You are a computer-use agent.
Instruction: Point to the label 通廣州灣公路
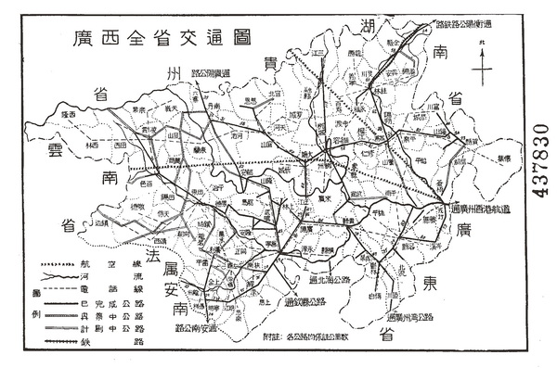(x=413, y=318)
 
